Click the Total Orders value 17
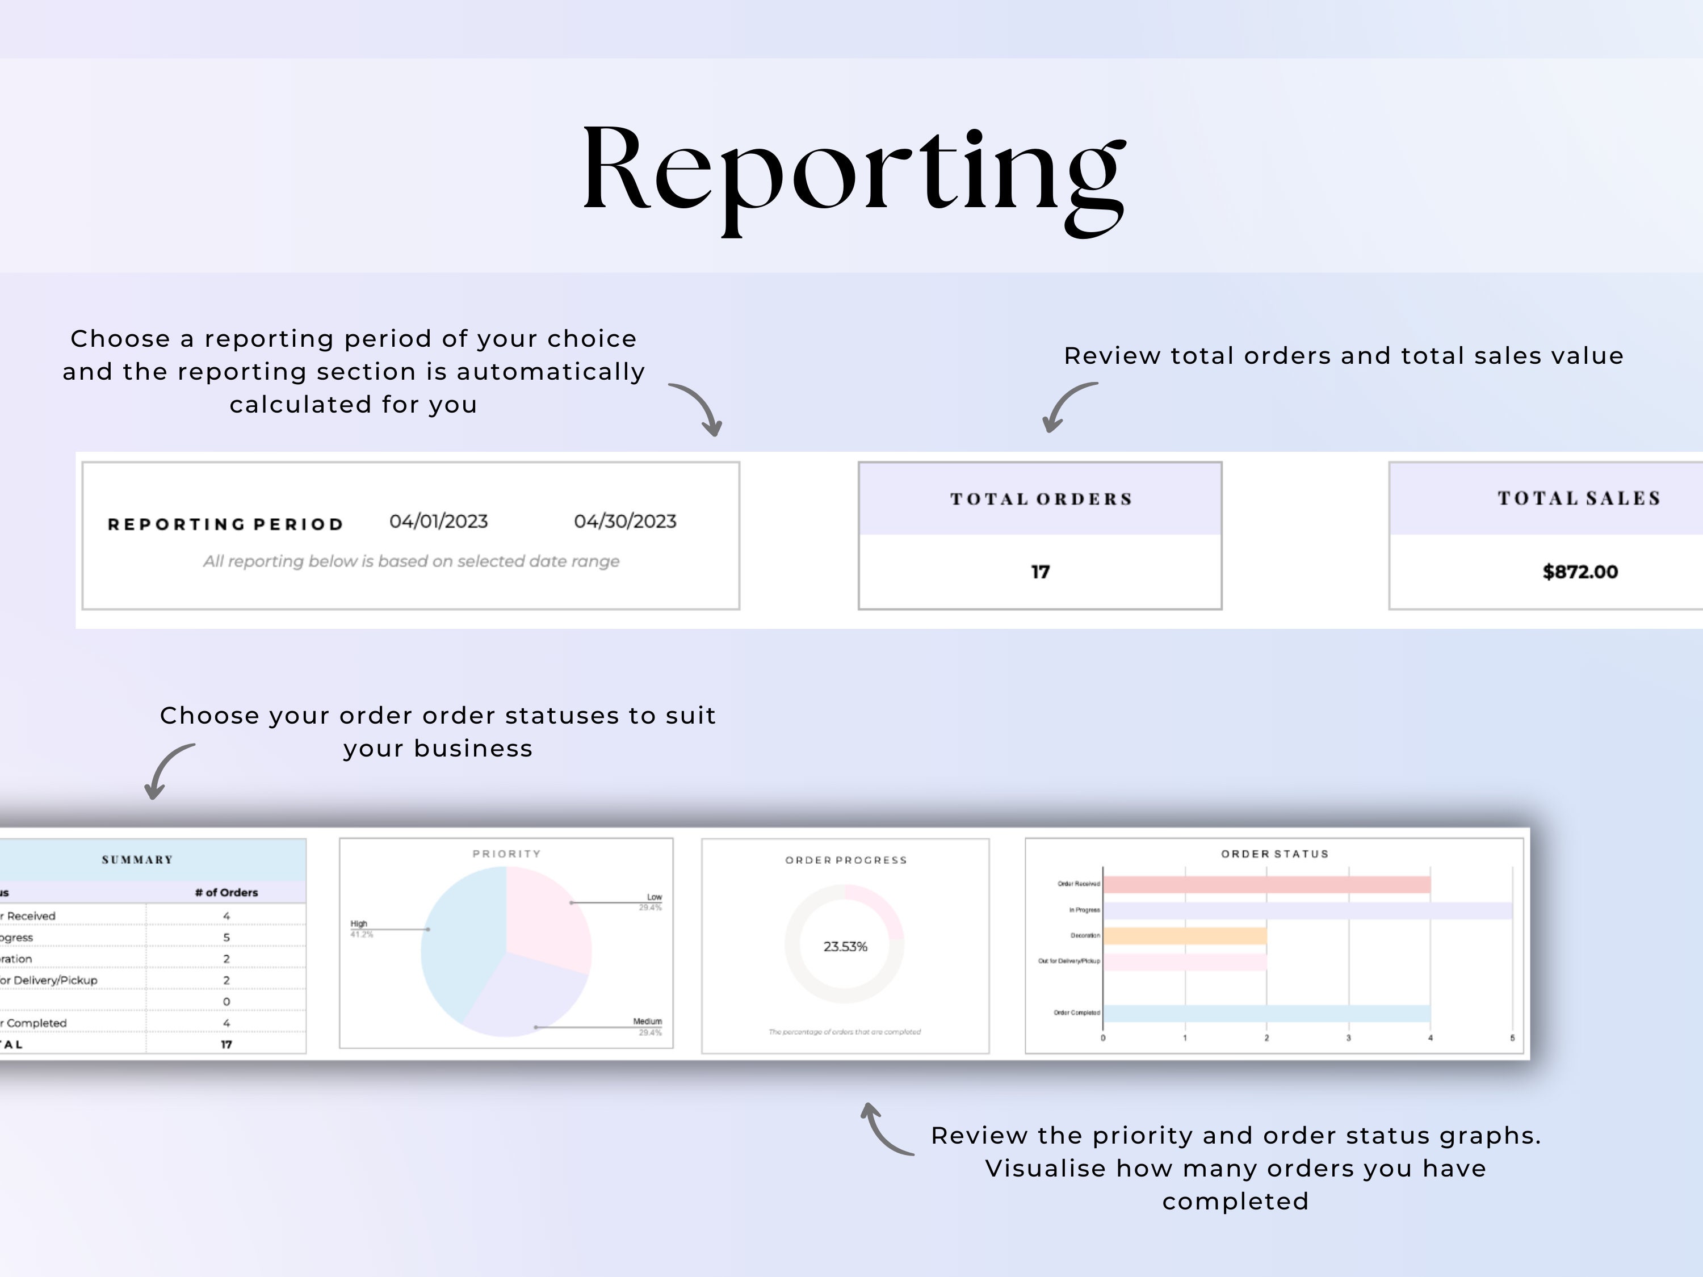tap(1039, 572)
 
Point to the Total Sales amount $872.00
tap(1580, 572)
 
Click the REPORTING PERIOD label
tap(225, 524)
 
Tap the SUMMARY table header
tap(137, 860)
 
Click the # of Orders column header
tap(226, 892)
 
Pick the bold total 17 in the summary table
tap(226, 1044)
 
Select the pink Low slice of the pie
tap(547, 916)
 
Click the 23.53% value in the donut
tap(845, 947)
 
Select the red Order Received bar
tap(1266, 884)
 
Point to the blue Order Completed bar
tap(1266, 1013)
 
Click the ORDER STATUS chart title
tap(1274, 854)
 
